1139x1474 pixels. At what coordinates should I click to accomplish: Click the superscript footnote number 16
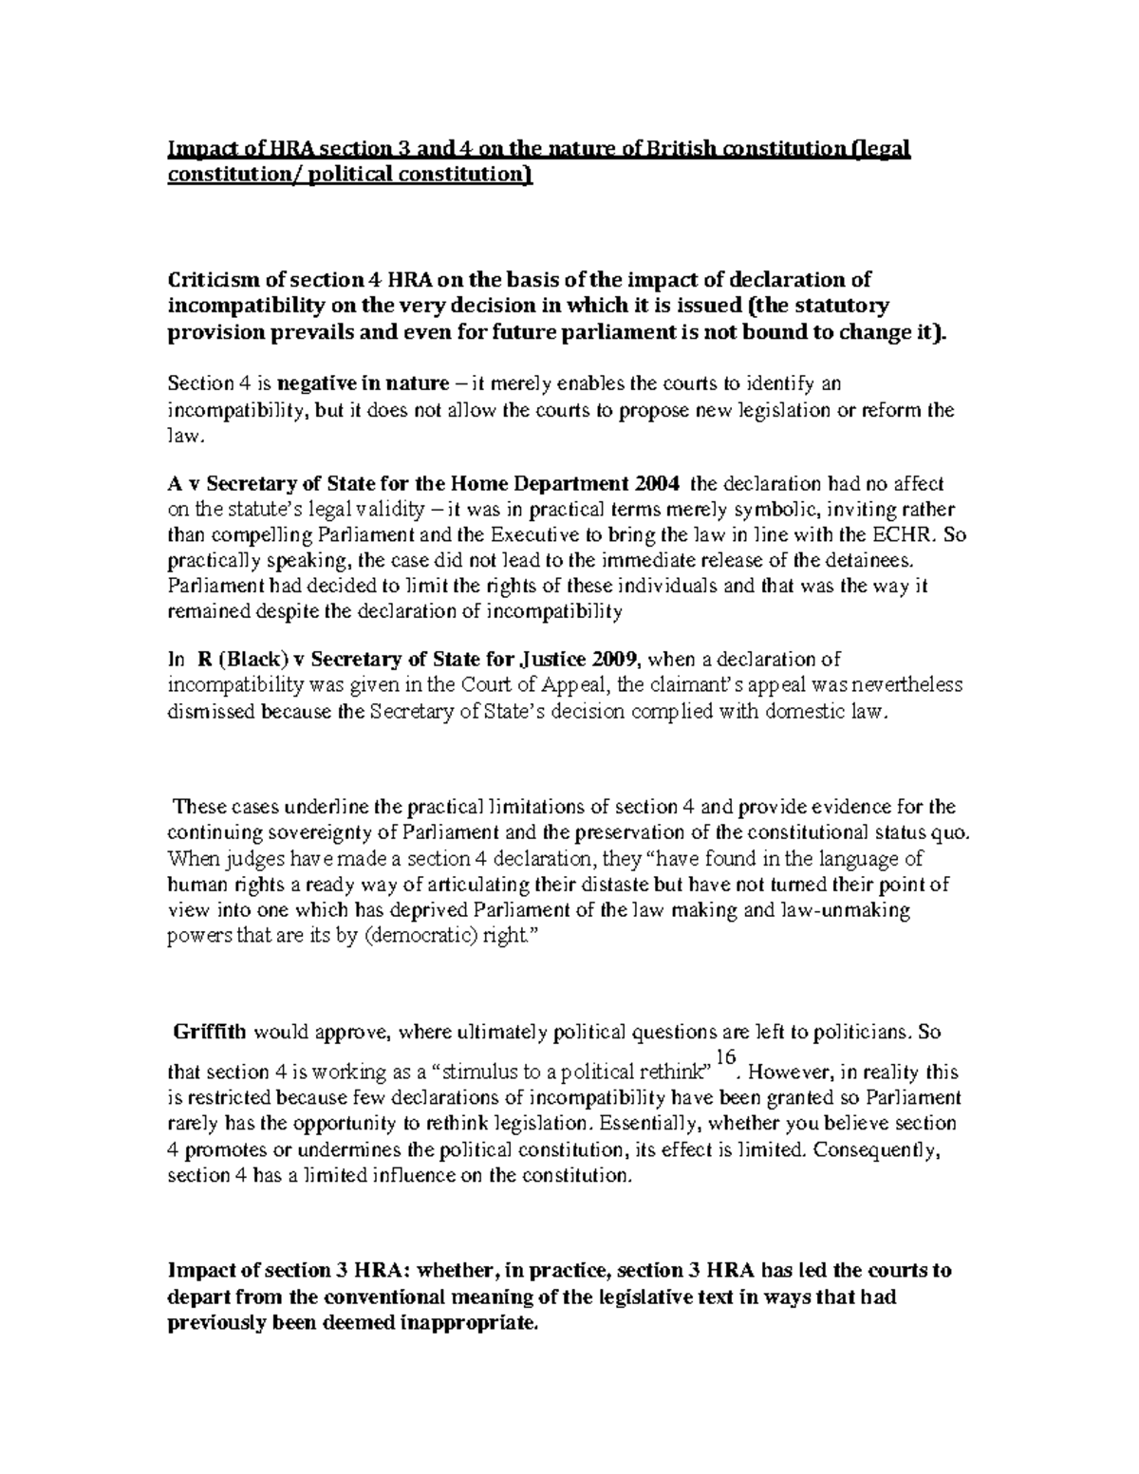(x=726, y=1056)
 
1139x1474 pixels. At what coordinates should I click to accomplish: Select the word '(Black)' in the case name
(x=248, y=659)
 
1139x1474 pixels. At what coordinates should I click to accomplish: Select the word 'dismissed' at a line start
(x=209, y=712)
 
